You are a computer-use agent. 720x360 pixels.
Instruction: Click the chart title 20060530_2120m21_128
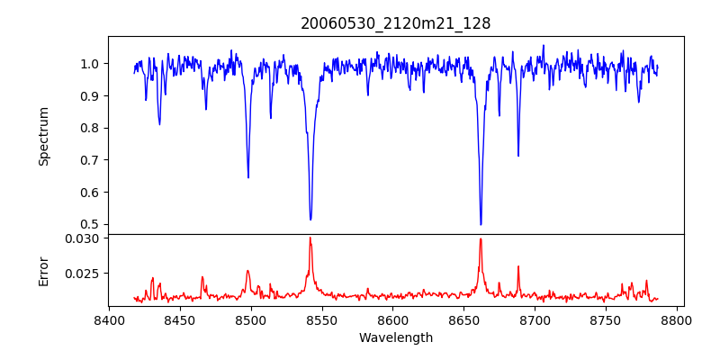coord(395,23)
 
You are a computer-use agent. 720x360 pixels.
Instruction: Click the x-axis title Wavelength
coord(395,337)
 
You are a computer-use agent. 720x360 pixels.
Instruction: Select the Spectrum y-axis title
coord(44,136)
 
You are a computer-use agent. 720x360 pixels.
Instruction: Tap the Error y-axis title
coord(44,270)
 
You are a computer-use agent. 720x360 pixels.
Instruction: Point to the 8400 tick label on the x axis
coord(109,319)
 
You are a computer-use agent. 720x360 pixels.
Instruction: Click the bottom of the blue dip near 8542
coord(310,220)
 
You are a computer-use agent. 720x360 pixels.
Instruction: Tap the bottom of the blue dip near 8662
coord(481,224)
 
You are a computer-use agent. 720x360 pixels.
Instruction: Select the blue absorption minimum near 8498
coord(248,177)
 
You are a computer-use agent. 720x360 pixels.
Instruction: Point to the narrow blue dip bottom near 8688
coord(518,156)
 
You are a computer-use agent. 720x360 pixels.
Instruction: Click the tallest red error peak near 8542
coord(310,238)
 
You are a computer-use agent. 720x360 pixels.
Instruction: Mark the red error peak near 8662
coord(481,238)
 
